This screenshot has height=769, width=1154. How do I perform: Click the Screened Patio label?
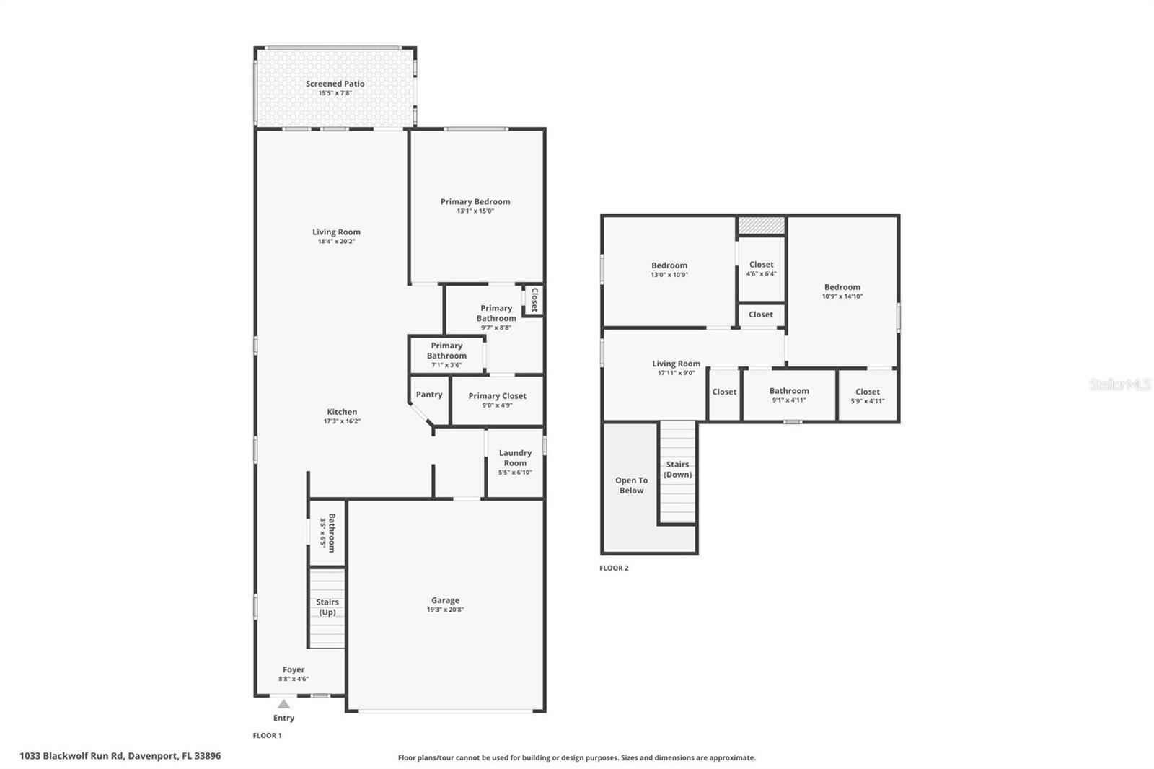[335, 84]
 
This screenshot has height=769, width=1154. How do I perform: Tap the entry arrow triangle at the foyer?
[284, 704]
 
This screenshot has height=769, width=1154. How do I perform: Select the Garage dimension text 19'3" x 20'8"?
[445, 610]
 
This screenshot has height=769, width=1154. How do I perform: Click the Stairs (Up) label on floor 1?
[327, 607]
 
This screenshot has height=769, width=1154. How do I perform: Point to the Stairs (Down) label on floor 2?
[677, 470]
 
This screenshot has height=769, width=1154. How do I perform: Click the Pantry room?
[428, 395]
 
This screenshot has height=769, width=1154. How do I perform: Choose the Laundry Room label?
[515, 458]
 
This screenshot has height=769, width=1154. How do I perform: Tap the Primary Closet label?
[497, 396]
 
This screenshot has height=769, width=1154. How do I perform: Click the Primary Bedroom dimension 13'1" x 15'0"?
[475, 211]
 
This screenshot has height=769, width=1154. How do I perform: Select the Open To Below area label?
[631, 485]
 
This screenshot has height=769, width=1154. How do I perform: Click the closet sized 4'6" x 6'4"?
[761, 268]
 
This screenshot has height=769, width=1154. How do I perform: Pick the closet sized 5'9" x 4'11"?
[867, 396]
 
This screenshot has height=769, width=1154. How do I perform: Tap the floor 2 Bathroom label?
[789, 391]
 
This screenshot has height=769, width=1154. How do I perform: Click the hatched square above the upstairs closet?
[761, 226]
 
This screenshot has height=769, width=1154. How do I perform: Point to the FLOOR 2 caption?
[614, 568]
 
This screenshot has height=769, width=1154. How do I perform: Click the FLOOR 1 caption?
[267, 736]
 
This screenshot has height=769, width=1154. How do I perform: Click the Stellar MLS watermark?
[1119, 384]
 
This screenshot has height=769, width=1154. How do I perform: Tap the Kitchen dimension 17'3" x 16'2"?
[342, 421]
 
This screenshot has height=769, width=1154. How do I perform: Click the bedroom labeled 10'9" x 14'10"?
[842, 291]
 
